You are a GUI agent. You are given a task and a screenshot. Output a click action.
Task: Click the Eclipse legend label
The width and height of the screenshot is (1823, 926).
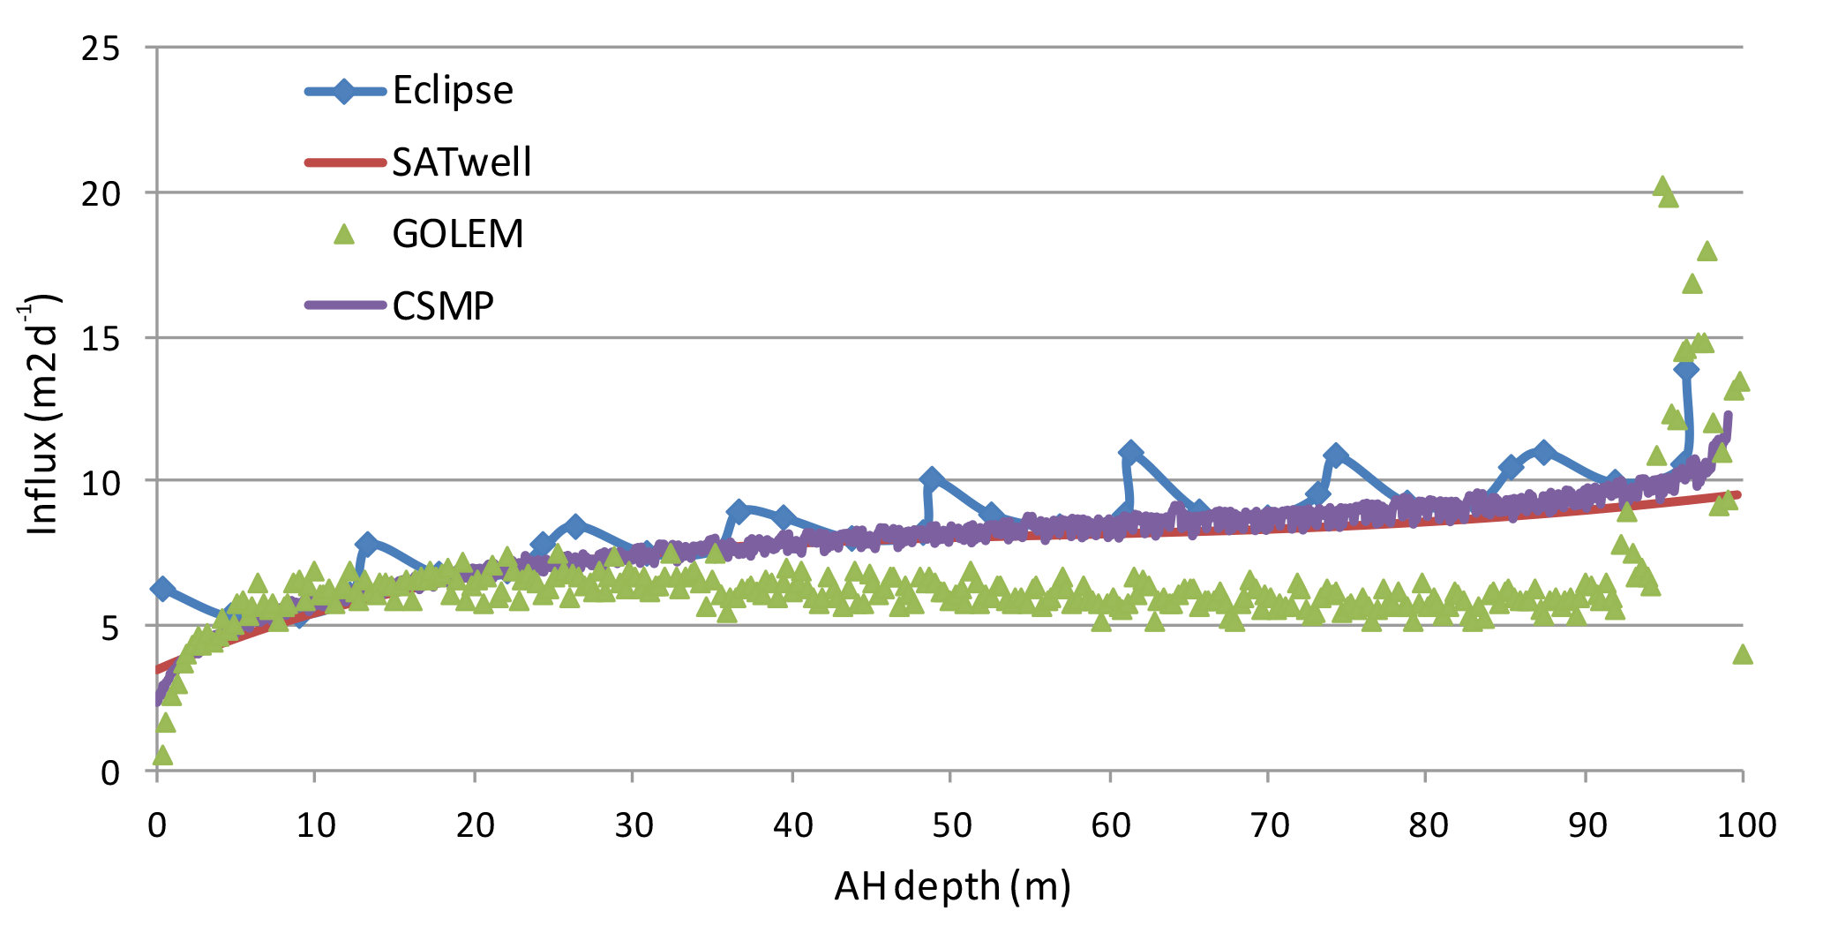453,91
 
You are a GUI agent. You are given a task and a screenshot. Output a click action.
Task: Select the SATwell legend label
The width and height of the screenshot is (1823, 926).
461,162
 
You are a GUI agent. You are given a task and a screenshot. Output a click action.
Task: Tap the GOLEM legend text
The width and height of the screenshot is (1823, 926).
458,234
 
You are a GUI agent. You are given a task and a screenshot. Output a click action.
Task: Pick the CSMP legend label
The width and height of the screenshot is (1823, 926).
443,305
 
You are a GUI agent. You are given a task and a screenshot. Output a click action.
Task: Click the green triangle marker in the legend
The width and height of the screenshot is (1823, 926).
343,234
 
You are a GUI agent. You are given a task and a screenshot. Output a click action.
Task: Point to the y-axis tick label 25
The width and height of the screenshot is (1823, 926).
100,48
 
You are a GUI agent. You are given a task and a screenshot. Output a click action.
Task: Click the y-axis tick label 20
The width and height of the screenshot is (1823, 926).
100,193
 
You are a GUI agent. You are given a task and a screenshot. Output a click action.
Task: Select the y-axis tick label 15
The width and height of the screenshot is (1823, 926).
100,338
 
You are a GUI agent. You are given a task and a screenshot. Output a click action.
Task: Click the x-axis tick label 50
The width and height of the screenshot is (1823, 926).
951,825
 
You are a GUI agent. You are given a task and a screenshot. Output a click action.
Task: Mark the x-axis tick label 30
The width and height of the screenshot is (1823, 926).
634,825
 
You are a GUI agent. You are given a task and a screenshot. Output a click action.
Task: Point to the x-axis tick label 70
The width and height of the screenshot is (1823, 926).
1268,825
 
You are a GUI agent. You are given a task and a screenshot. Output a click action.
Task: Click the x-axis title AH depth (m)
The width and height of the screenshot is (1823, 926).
952,886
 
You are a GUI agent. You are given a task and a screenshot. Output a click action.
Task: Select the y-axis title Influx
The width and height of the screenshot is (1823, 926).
42,415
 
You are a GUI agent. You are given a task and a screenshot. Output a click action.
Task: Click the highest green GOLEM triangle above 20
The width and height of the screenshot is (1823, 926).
1662,186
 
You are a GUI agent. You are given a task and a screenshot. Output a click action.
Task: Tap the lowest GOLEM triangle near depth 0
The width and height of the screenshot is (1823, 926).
161,755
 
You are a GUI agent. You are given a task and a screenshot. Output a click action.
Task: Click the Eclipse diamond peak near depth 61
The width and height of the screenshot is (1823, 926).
1129,452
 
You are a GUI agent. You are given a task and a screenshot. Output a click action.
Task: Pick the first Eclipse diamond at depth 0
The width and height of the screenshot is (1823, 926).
161,588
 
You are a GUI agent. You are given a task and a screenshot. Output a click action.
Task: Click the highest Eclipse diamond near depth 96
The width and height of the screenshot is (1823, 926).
1685,369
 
